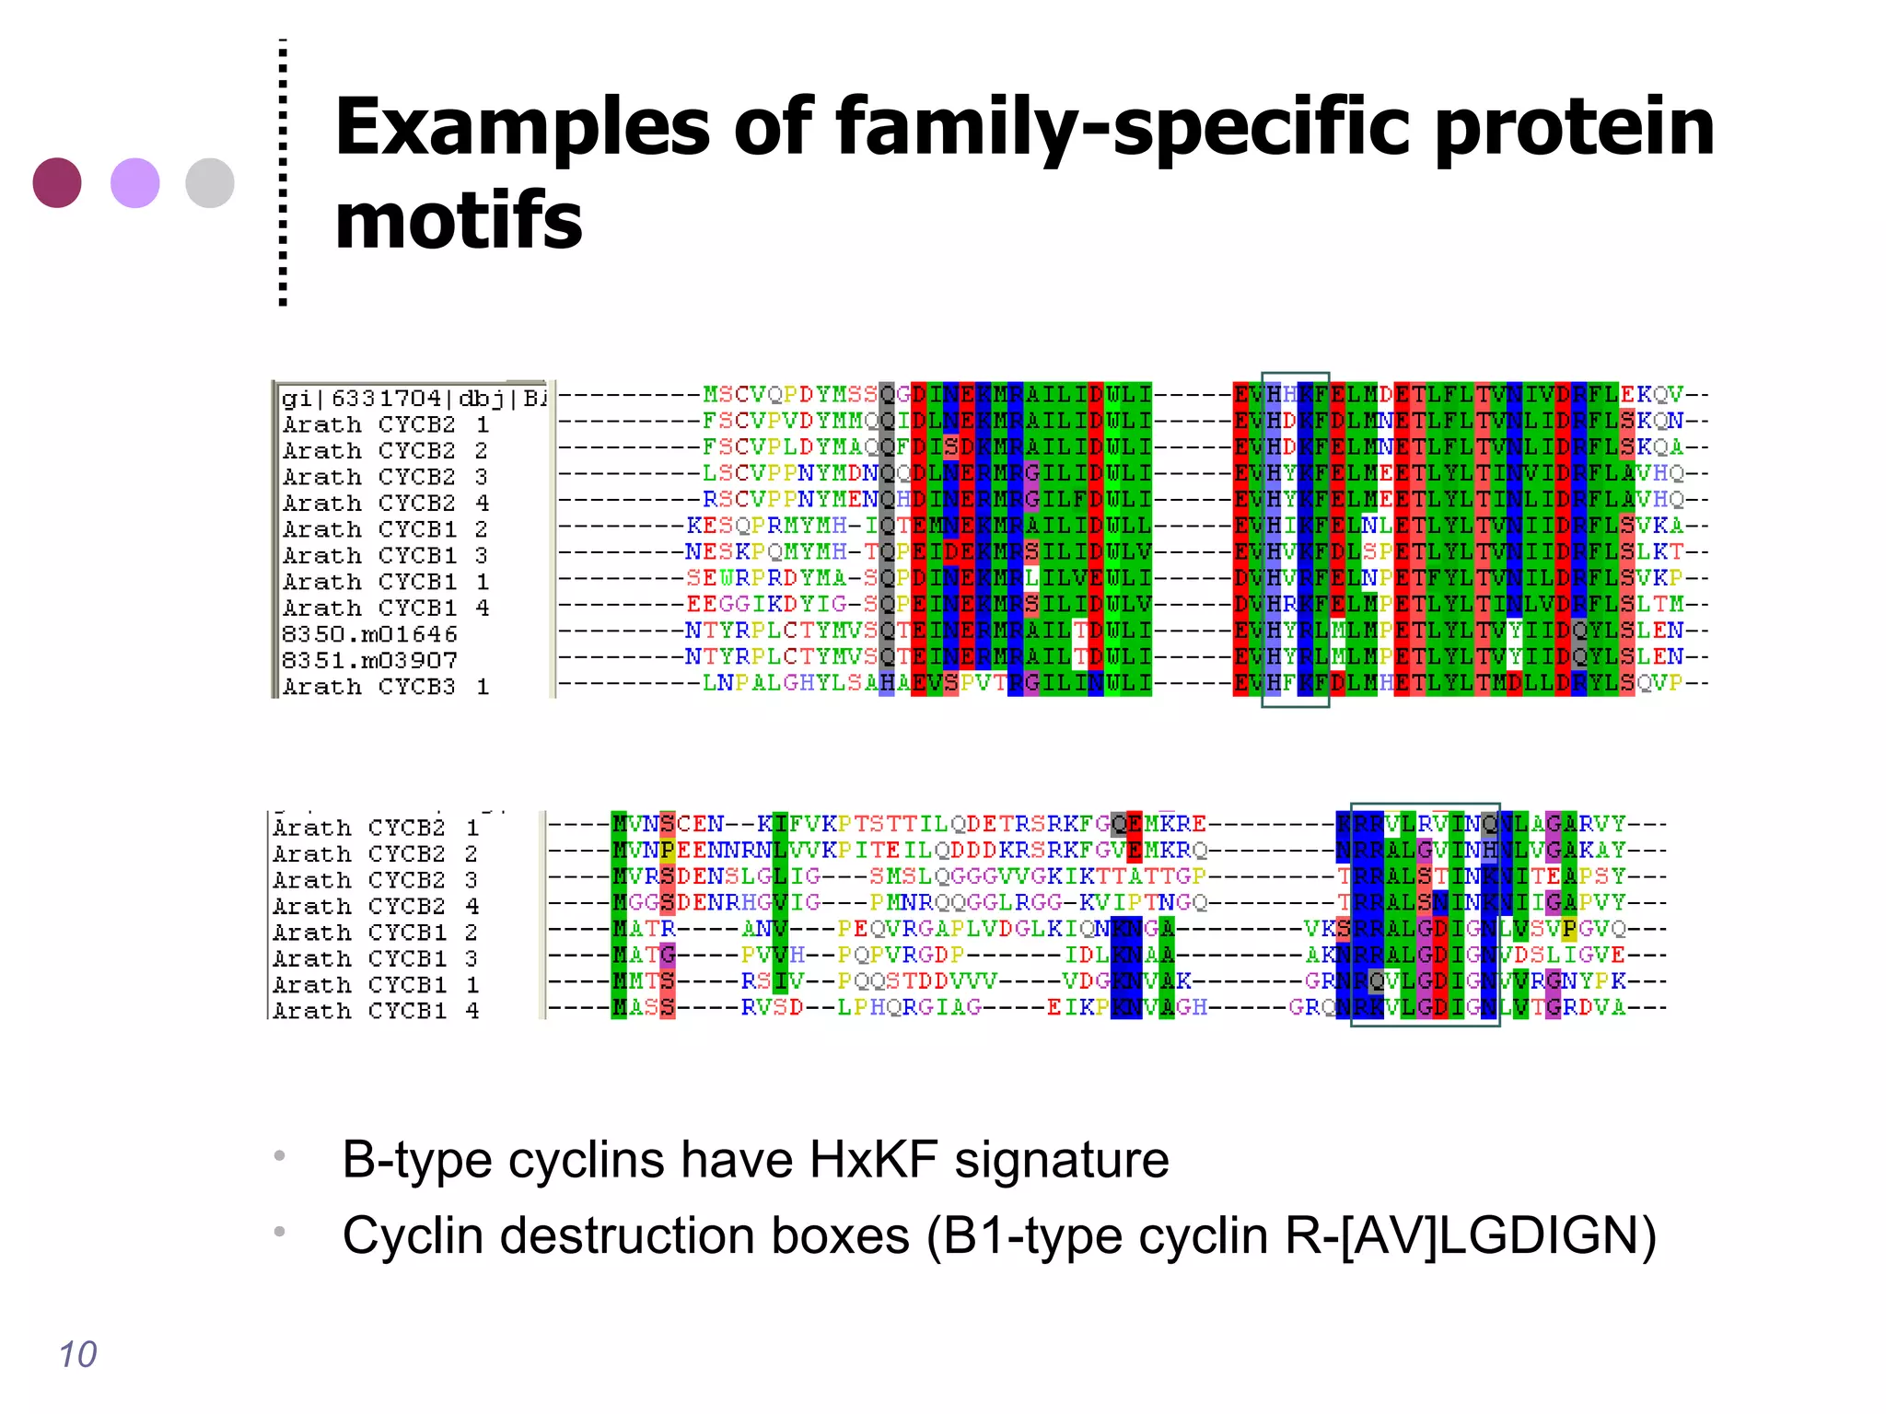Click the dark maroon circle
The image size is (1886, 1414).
(x=57, y=182)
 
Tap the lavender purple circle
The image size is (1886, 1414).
(x=134, y=182)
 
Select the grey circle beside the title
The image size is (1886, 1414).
(x=210, y=182)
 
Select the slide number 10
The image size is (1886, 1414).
(x=77, y=1354)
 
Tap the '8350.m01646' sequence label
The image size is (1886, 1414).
(x=369, y=634)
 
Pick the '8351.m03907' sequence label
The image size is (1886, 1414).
(x=369, y=660)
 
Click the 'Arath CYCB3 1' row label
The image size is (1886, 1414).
(x=385, y=687)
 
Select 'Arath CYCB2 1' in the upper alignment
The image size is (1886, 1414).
(x=385, y=424)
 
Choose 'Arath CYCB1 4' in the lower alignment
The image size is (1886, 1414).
(x=376, y=1011)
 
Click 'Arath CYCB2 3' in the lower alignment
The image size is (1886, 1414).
(x=376, y=880)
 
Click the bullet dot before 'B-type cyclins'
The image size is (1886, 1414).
(x=279, y=1155)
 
